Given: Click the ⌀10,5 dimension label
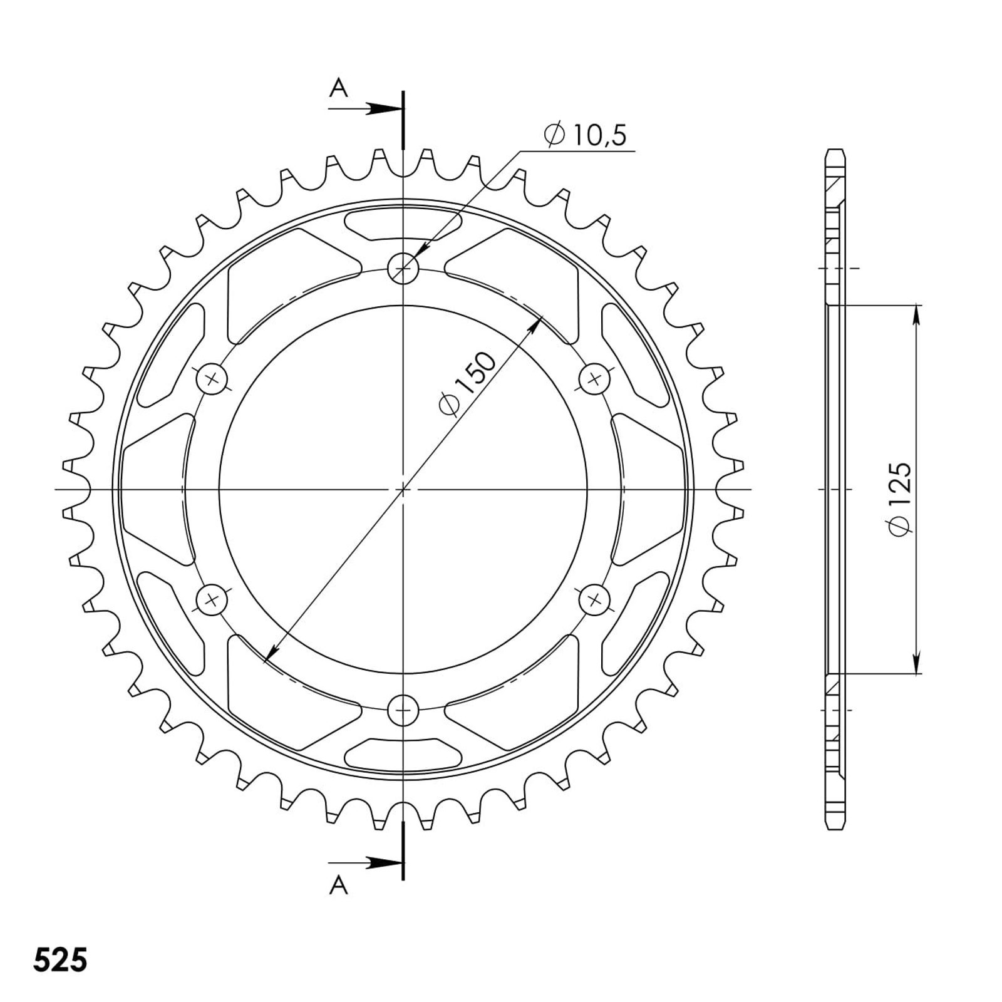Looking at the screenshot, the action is [585, 135].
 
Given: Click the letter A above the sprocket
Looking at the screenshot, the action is [339, 90].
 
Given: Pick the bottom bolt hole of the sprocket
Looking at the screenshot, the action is [403, 710].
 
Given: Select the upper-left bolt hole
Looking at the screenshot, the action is [212, 379].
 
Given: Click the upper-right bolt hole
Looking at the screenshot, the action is [594, 378].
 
